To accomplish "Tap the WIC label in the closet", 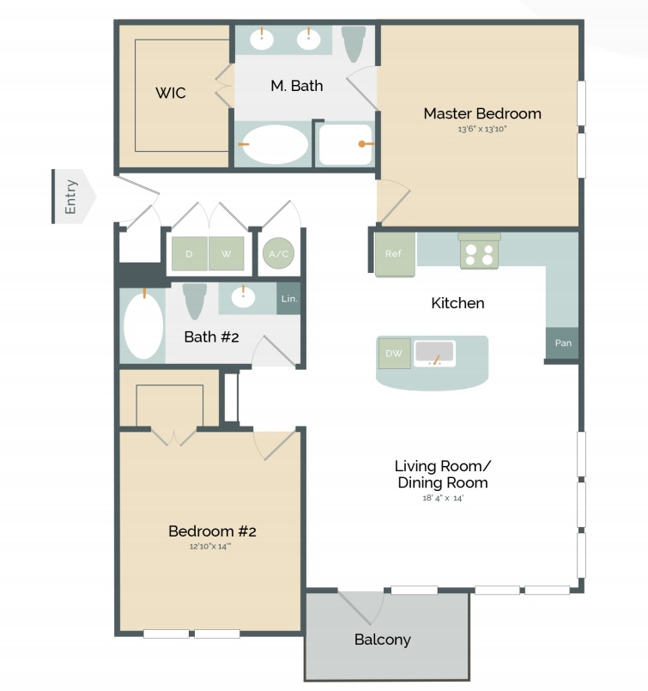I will click(x=170, y=93).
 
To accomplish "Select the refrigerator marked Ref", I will click(x=394, y=254).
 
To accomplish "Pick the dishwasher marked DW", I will click(x=394, y=353).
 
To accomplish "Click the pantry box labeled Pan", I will click(x=563, y=343).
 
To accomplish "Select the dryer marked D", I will click(x=189, y=253).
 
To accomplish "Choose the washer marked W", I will click(x=226, y=253).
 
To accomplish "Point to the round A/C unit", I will click(x=279, y=253).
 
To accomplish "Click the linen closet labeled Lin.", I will click(x=288, y=299).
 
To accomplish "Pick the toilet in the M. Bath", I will click(x=353, y=43).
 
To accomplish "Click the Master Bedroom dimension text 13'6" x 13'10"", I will click(x=482, y=130).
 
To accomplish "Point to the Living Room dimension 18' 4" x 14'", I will click(x=442, y=498).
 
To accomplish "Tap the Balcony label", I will click(x=382, y=639).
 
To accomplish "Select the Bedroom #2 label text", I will click(x=212, y=531).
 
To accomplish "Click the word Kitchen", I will click(x=457, y=303).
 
